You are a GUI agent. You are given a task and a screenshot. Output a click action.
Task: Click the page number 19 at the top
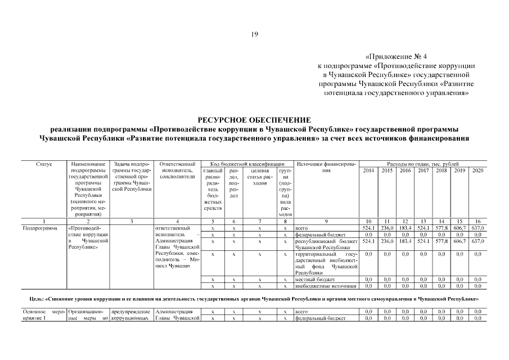[x=254, y=35]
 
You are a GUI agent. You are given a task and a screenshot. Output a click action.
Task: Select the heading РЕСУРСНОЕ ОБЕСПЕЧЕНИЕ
[x=254, y=120]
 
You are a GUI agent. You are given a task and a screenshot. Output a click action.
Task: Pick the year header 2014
[x=368, y=170]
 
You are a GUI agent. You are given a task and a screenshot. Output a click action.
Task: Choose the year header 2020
[x=478, y=170]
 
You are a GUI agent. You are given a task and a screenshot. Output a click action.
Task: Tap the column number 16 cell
[x=478, y=221]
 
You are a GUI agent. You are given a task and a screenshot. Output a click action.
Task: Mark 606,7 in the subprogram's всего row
[x=460, y=228]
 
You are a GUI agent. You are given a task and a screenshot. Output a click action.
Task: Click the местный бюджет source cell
[x=314, y=279]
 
